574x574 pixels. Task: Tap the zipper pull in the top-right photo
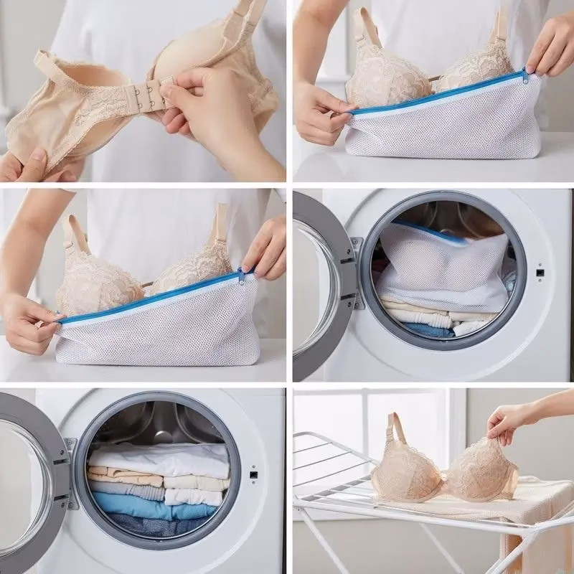pyautogui.click(x=524, y=76)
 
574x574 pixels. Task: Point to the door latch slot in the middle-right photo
pyautogui.click(x=540, y=273)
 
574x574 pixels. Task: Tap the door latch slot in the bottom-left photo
pyautogui.click(x=253, y=475)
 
